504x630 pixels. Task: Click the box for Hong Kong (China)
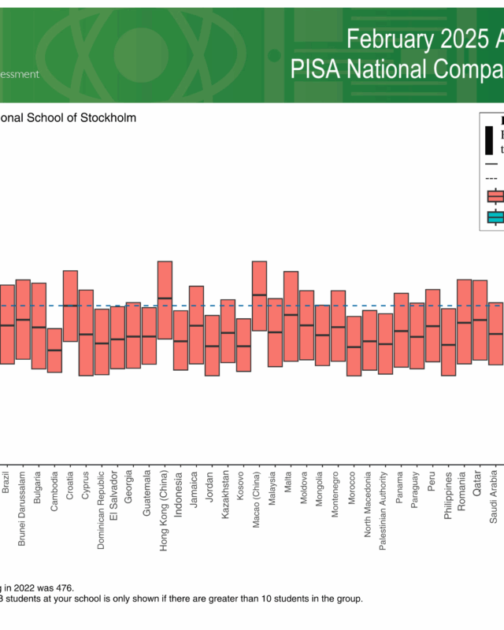(165, 300)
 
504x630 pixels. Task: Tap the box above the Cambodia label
(54, 350)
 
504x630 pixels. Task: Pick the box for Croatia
(70, 306)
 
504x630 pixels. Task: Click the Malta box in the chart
(291, 316)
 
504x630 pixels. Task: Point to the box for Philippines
(448, 342)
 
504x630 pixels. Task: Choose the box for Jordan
(212, 346)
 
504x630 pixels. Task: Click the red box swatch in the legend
(495, 196)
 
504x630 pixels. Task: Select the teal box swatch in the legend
(495, 217)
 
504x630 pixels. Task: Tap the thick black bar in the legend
(489, 141)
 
